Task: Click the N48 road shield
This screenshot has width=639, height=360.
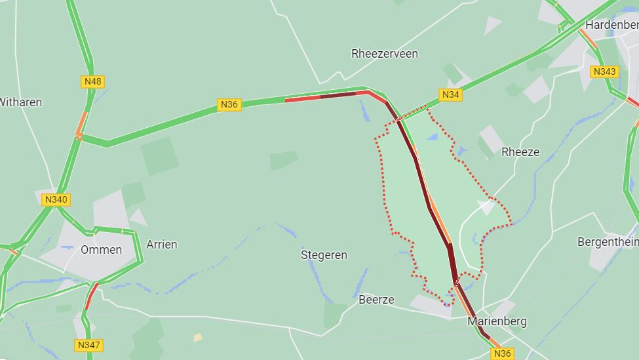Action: pos(93,81)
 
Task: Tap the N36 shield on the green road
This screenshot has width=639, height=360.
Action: pos(229,104)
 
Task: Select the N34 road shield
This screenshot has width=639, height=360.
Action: pos(450,95)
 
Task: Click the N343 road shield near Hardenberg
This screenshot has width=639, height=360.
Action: pos(604,71)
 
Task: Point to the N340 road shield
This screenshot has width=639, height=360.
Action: pos(56,199)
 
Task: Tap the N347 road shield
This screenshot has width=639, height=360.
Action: pos(88,345)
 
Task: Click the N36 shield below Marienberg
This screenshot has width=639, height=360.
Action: pos(501,353)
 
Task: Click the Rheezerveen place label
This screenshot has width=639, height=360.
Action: pos(385,54)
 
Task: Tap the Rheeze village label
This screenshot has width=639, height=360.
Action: pos(520,152)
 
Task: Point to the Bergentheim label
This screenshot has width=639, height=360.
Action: pos(608,242)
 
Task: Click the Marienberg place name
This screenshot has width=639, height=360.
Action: pos(497,321)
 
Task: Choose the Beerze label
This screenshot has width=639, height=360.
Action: pos(376,300)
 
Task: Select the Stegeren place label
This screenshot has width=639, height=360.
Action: pos(324,254)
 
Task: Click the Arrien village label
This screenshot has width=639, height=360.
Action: pos(162,245)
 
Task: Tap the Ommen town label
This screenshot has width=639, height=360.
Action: pos(101,250)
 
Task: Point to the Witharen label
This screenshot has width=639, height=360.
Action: pos(21,102)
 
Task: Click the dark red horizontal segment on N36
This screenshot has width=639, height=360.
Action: pos(338,95)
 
